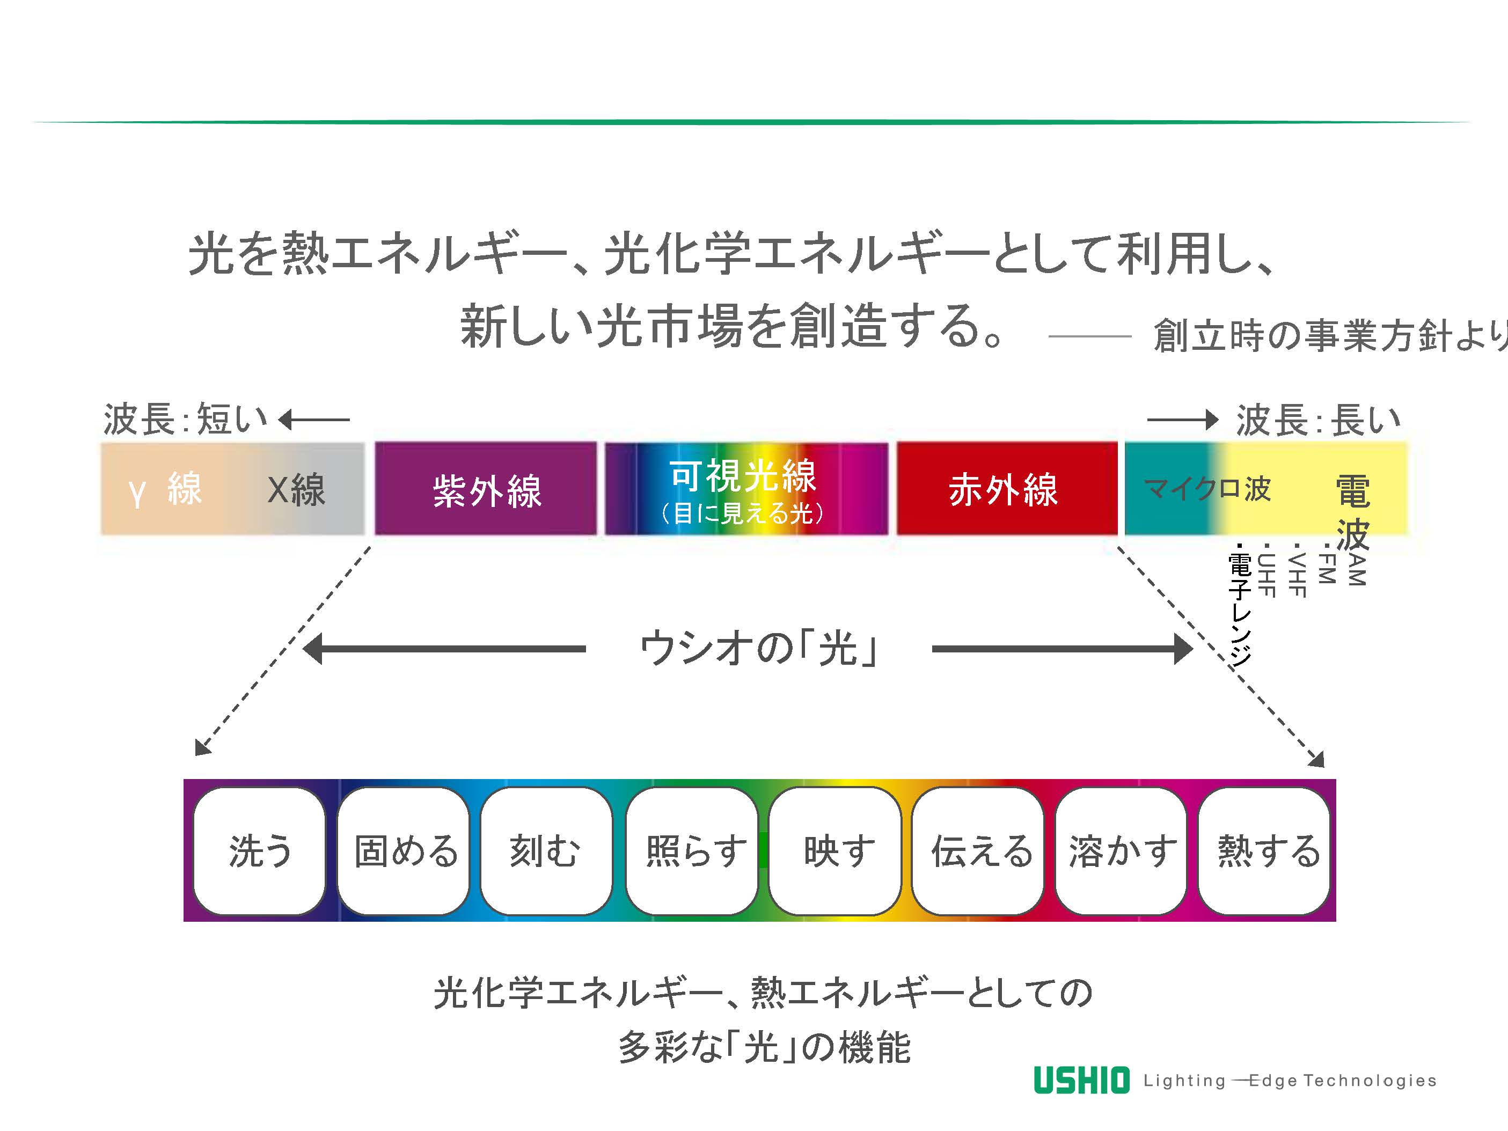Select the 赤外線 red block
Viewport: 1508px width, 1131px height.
[x=1006, y=489]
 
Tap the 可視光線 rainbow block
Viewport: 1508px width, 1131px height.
[x=746, y=489]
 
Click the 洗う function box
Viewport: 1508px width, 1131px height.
[x=259, y=851]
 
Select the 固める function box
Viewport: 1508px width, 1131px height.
[x=404, y=851]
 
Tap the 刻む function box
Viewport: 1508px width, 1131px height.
[x=545, y=851]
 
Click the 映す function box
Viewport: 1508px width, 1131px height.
[x=836, y=851]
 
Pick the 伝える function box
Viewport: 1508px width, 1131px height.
[x=979, y=851]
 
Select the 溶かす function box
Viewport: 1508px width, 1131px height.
[x=1122, y=851]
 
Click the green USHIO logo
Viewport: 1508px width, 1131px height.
[x=1081, y=1080]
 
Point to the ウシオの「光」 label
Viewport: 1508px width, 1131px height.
[x=758, y=648]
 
